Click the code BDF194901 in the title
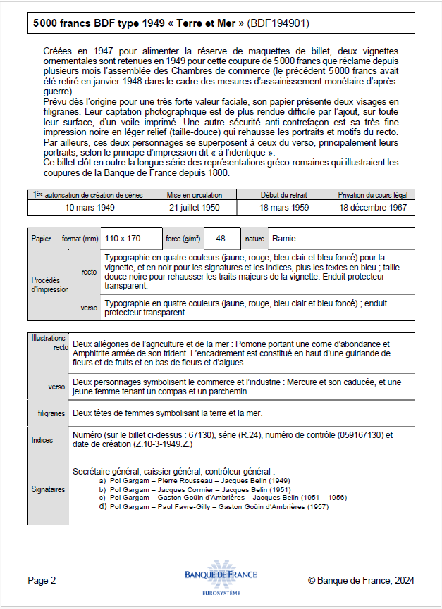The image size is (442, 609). pyautogui.click(x=278, y=23)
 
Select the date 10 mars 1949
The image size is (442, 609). pyautogui.click(x=90, y=208)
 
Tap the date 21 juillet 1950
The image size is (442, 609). pyautogui.click(x=194, y=208)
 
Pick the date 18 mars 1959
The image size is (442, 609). pyautogui.click(x=283, y=208)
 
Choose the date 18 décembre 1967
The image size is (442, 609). pyautogui.click(x=373, y=208)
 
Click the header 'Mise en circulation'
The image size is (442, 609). pyautogui.click(x=194, y=195)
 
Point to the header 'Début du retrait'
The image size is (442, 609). pyautogui.click(x=283, y=195)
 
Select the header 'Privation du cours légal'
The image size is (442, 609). pyautogui.click(x=373, y=195)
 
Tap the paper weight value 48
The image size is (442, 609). pyautogui.click(x=221, y=239)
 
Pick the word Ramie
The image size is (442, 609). pyautogui.click(x=284, y=239)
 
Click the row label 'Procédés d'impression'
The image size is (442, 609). pyautogui.click(x=49, y=284)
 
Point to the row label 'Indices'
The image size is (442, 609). pyautogui.click(x=42, y=440)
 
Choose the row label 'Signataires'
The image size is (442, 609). pyautogui.click(x=48, y=489)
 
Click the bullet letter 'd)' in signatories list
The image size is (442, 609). pyautogui.click(x=103, y=506)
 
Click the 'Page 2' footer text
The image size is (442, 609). pyautogui.click(x=42, y=580)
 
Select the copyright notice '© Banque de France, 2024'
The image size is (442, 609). pyautogui.click(x=361, y=580)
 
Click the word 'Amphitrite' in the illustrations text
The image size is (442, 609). pyautogui.click(x=96, y=353)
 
